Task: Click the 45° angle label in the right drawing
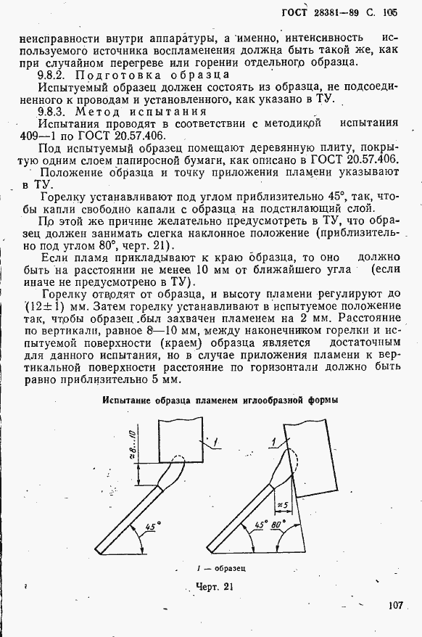point(260,524)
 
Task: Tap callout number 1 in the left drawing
point(216,441)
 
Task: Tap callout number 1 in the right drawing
point(273,441)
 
